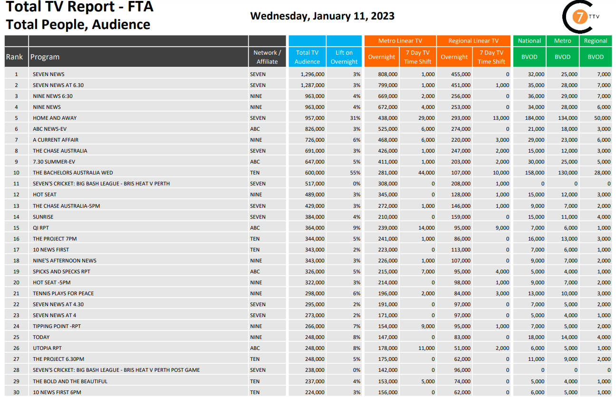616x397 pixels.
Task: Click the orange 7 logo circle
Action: tap(579, 18)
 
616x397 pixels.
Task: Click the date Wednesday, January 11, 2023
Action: tap(322, 16)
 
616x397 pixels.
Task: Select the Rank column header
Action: tap(14, 57)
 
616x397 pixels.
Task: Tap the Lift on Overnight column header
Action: tap(344, 57)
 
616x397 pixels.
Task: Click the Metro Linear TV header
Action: tap(400, 41)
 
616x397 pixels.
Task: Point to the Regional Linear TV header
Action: tap(473, 41)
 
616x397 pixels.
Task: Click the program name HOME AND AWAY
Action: tap(55, 118)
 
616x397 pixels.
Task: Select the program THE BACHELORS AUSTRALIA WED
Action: tap(73, 173)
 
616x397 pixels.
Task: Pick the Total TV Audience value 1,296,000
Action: tap(313, 74)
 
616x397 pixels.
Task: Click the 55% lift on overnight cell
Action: tap(355, 173)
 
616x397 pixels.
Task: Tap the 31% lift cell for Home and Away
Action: tap(355, 118)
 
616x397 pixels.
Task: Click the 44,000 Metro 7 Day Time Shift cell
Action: tap(425, 173)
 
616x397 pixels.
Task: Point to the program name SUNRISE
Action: tap(43, 217)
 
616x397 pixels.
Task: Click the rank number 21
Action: tap(16, 293)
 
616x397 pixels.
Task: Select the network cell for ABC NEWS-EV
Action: tap(256, 129)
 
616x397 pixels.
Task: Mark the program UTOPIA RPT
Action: tap(47, 348)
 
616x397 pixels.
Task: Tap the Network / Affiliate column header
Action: tap(267, 57)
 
